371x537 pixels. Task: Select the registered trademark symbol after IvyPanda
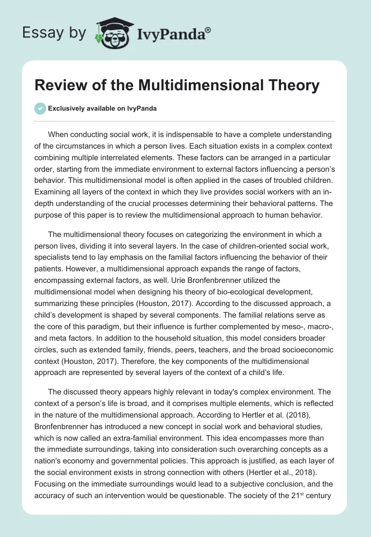click(208, 29)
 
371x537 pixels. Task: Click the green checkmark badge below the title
click(40, 108)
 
